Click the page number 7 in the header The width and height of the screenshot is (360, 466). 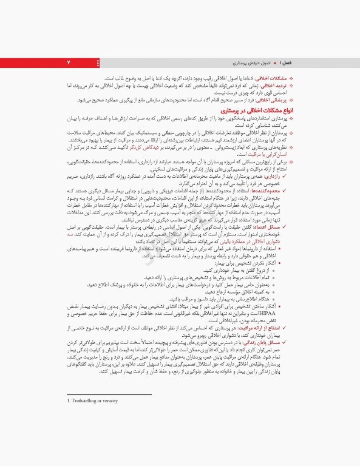click(69, 63)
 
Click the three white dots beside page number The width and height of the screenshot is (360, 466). click(98, 63)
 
